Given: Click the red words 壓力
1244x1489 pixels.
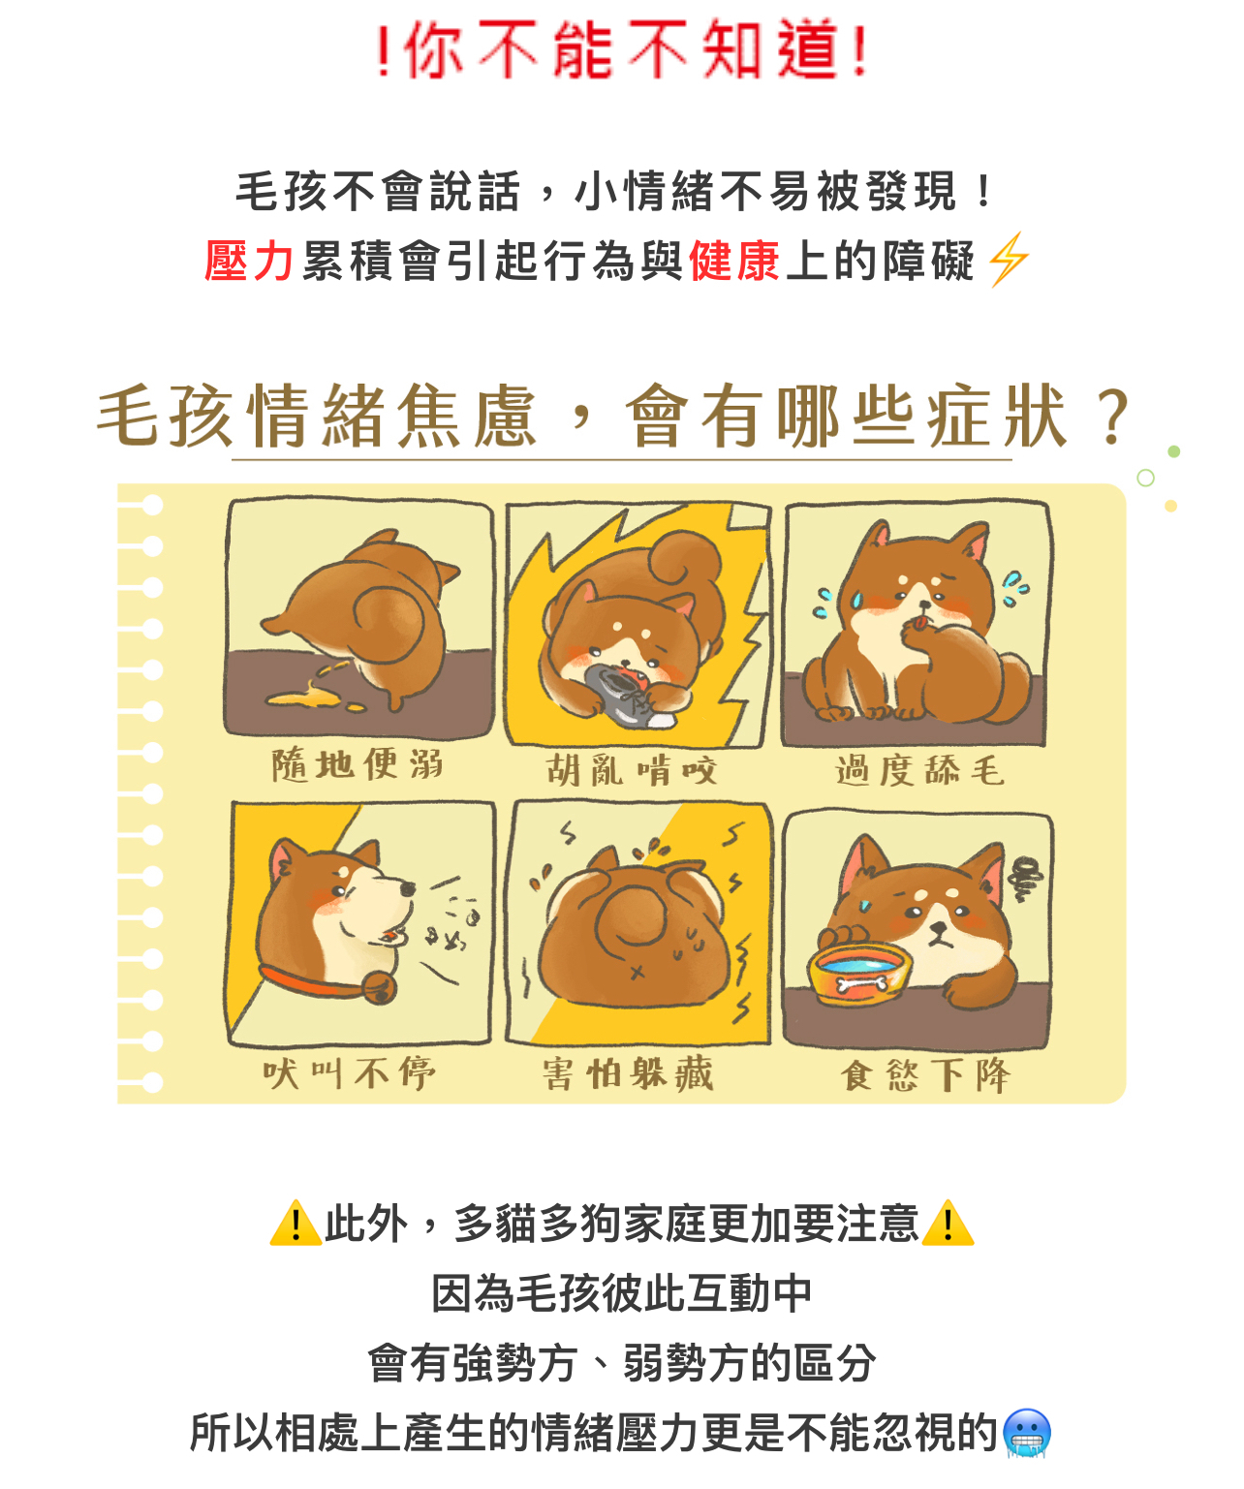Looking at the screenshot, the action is (x=248, y=261).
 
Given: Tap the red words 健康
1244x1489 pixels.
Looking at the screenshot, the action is (x=734, y=261).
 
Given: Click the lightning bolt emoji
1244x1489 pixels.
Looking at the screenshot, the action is (x=1009, y=259).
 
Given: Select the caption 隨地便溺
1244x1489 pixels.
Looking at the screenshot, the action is (x=358, y=764).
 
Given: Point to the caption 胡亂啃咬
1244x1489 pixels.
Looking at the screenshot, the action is (x=632, y=770).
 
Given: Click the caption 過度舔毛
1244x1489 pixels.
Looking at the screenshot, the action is (x=920, y=770).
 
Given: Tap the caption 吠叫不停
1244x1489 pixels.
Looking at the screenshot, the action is (x=349, y=1073).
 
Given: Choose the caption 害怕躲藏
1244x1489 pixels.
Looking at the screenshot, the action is (x=628, y=1073).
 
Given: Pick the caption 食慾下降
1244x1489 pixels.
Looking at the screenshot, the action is (x=925, y=1075).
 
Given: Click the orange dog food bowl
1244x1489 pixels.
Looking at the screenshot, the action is (x=859, y=975).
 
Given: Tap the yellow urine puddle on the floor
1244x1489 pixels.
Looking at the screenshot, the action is (x=315, y=696).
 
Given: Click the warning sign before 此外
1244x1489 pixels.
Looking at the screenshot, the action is (x=295, y=1223).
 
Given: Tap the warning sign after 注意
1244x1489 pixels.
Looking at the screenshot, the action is (x=948, y=1223).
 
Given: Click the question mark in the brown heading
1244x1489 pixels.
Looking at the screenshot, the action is (x=1113, y=418).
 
